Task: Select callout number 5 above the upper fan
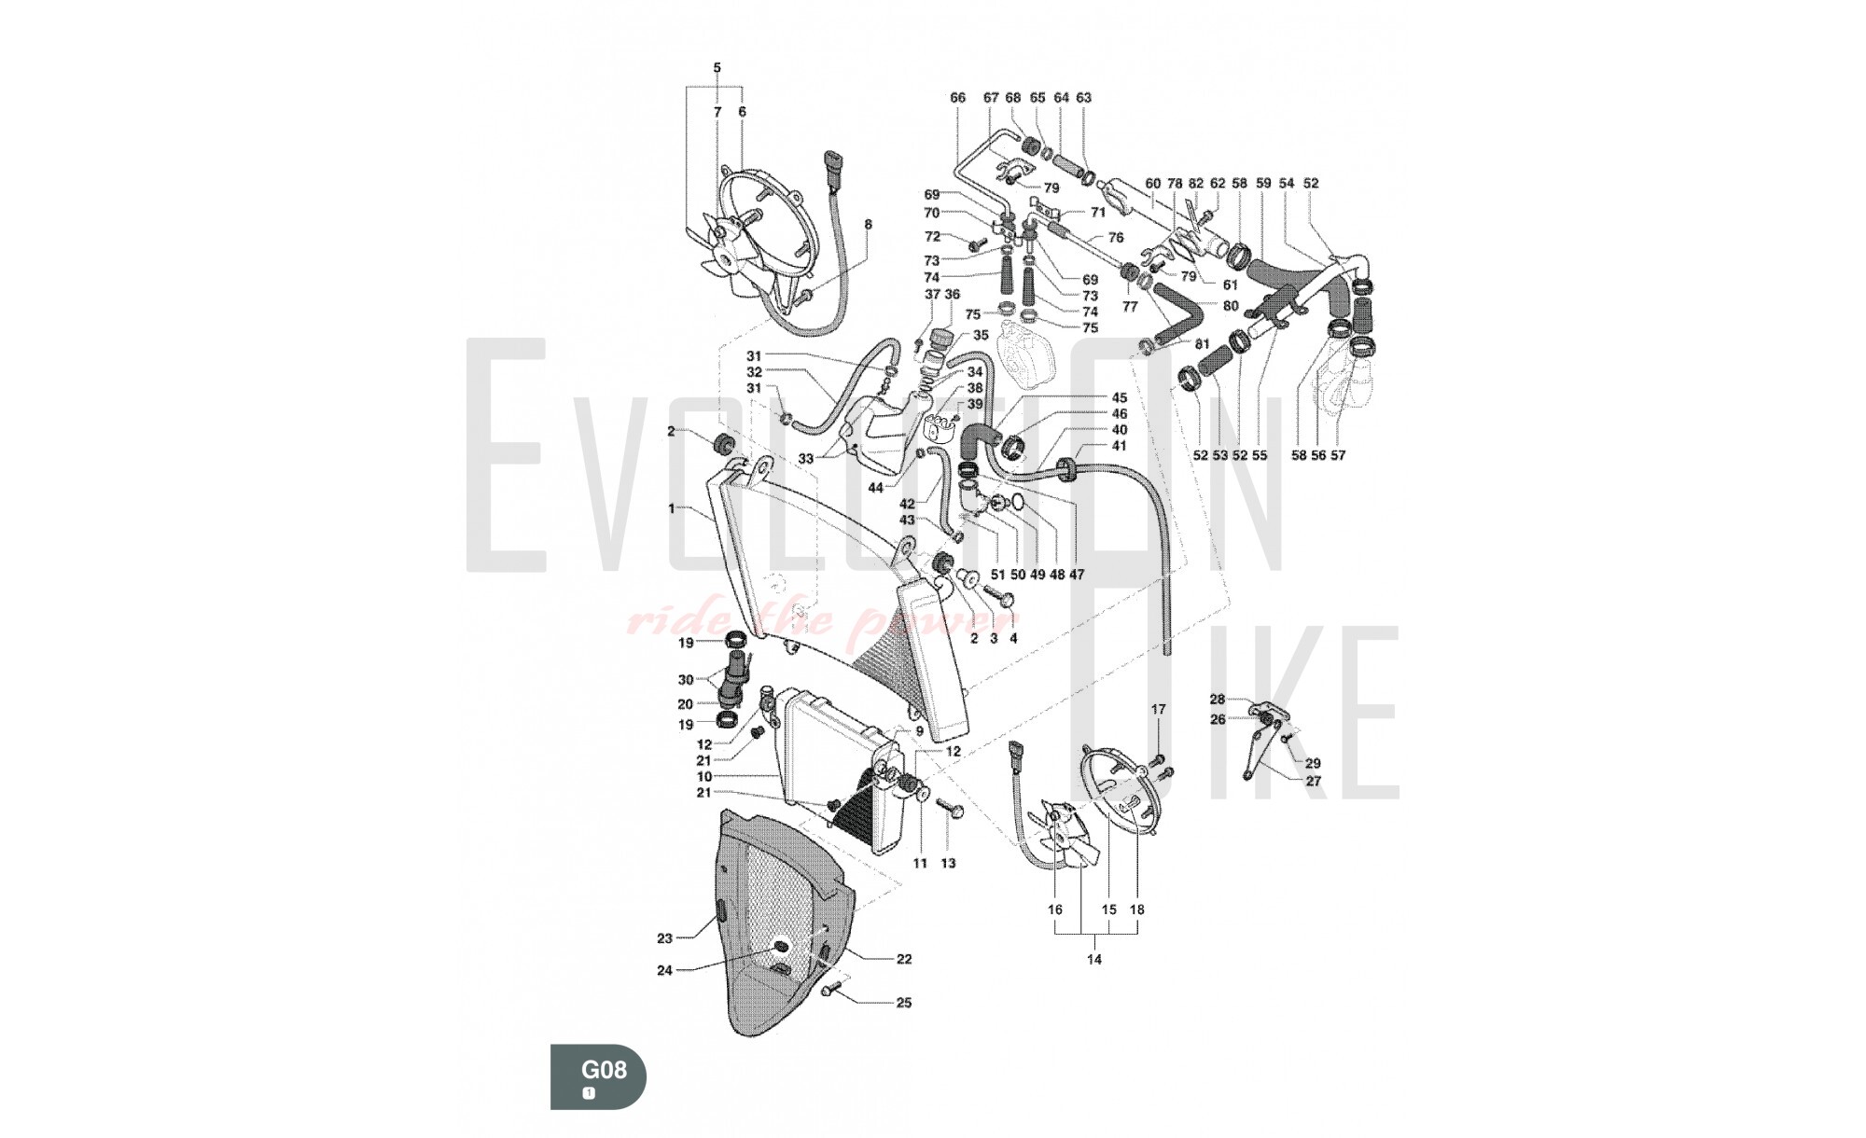(717, 68)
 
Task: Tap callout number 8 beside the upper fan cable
(868, 225)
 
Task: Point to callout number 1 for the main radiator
(672, 509)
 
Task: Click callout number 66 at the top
(958, 98)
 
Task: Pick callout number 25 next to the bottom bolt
(903, 1004)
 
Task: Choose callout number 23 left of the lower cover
(664, 938)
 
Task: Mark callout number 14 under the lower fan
(1094, 959)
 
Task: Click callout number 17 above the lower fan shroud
(1158, 710)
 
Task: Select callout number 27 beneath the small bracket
(1313, 782)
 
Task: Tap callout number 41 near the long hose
(1120, 446)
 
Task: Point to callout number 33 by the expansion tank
(806, 459)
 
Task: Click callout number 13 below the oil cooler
(948, 864)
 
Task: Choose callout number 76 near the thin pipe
(1116, 238)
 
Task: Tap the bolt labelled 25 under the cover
(832, 992)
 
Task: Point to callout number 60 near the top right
(1152, 184)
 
